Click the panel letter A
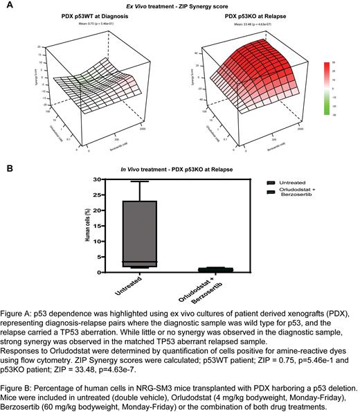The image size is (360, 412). coord(8,4)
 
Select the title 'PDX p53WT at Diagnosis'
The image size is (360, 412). coord(111,15)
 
